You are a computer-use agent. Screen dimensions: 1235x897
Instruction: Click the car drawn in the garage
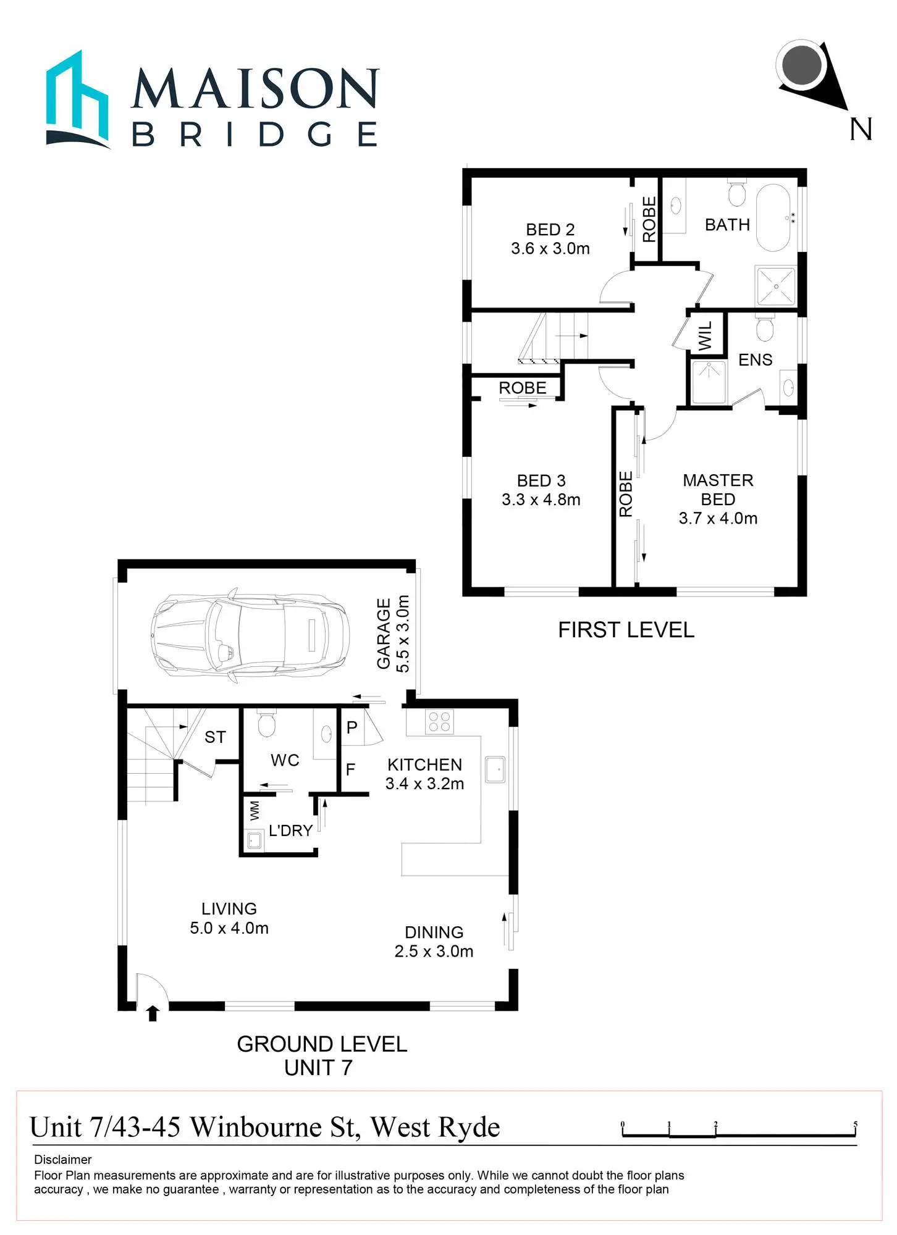tap(250, 635)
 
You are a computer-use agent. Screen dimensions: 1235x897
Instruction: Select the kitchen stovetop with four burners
tap(439, 722)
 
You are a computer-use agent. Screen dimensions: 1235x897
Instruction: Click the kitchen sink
tap(495, 769)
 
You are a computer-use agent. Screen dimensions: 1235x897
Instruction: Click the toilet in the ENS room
tap(765, 329)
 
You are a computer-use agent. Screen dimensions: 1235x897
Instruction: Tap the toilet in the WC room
tap(266, 724)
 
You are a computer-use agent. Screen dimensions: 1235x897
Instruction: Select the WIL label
tap(705, 336)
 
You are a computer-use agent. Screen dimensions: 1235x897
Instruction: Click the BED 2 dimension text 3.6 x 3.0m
tap(550, 249)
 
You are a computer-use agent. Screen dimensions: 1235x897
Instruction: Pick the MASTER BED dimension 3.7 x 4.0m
tap(718, 519)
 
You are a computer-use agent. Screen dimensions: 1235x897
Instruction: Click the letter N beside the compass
tap(861, 130)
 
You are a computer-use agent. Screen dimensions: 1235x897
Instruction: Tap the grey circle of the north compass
tap(801, 64)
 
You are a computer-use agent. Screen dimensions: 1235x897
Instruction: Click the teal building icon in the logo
tap(77, 100)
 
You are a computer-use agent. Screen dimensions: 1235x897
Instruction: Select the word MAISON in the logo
tap(255, 88)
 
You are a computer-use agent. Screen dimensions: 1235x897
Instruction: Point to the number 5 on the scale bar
tap(856, 1124)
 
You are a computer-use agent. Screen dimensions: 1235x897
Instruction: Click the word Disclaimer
tap(62, 1160)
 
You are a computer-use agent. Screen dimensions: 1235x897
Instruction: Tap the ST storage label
tap(215, 737)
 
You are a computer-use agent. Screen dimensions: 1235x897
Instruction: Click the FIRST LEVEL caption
tap(626, 630)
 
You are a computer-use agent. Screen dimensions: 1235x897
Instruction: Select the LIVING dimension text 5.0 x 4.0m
tap(229, 928)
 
